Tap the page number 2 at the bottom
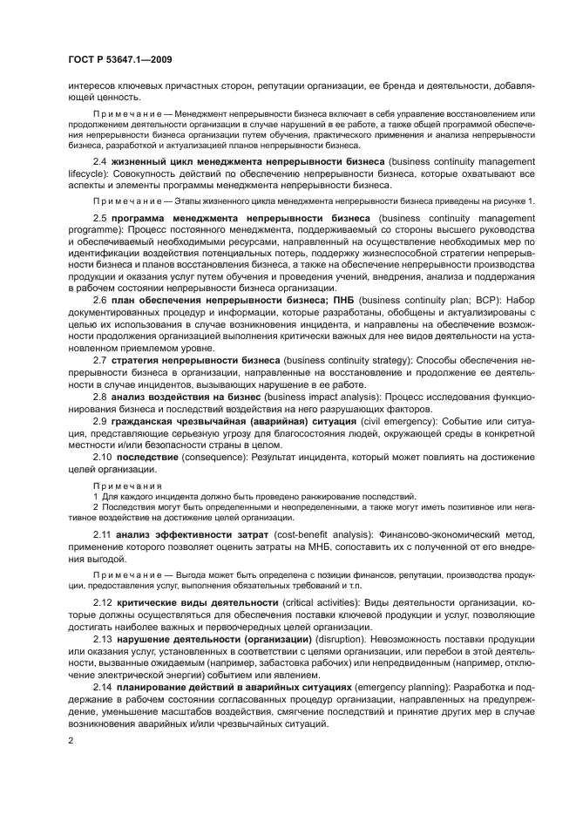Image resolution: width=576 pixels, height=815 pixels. [x=71, y=740]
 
